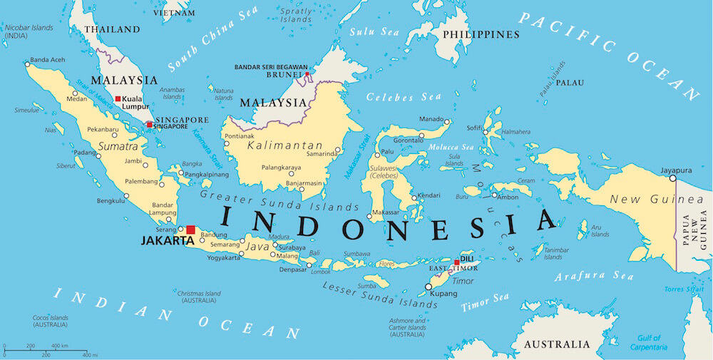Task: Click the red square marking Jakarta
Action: (x=190, y=230)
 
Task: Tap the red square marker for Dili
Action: (x=457, y=262)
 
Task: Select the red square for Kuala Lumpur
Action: (x=118, y=98)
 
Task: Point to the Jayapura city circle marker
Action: (x=672, y=178)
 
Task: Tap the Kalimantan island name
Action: (x=284, y=145)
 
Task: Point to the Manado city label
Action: (x=431, y=119)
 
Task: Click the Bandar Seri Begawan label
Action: (x=270, y=67)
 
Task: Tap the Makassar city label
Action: (x=386, y=212)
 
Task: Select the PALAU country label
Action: (x=570, y=82)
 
